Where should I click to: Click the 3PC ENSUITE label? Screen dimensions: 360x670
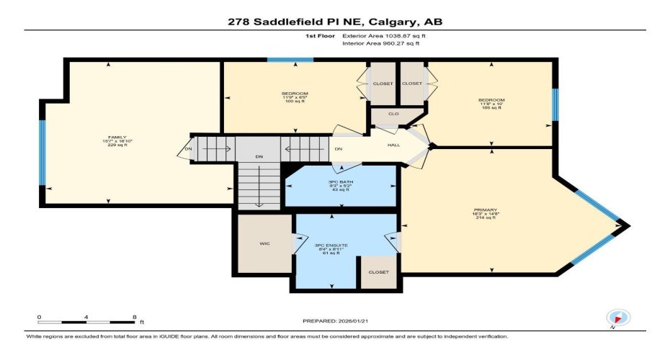(331, 246)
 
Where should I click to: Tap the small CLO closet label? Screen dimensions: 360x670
(393, 114)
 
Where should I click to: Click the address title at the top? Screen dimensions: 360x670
(334, 22)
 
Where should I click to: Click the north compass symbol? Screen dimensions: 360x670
(618, 317)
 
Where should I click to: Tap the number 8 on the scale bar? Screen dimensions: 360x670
(135, 317)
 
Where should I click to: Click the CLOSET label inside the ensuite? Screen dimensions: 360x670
(378, 272)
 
